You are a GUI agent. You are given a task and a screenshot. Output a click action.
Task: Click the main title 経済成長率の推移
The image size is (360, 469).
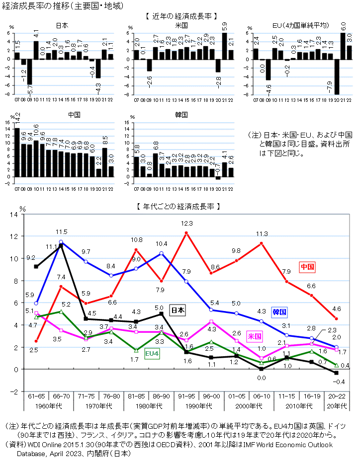[x=34, y=6]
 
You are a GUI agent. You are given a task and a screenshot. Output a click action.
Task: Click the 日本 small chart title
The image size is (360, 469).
[x=62, y=25]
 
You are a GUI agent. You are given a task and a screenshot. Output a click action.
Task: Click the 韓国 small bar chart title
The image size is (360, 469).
[x=181, y=114]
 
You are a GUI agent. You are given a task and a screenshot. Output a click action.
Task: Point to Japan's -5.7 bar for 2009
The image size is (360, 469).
[x=29, y=72]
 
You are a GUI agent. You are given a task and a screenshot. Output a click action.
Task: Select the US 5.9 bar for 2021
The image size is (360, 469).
[x=224, y=46]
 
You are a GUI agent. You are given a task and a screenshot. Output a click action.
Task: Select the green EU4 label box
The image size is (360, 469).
[x=152, y=353]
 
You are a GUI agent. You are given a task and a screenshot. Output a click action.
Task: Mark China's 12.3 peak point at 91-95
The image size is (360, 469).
[x=186, y=233]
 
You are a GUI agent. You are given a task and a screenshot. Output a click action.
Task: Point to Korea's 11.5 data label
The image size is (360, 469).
[x=61, y=232]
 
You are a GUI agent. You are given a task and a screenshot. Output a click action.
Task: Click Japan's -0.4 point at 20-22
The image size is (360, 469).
[x=336, y=373]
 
